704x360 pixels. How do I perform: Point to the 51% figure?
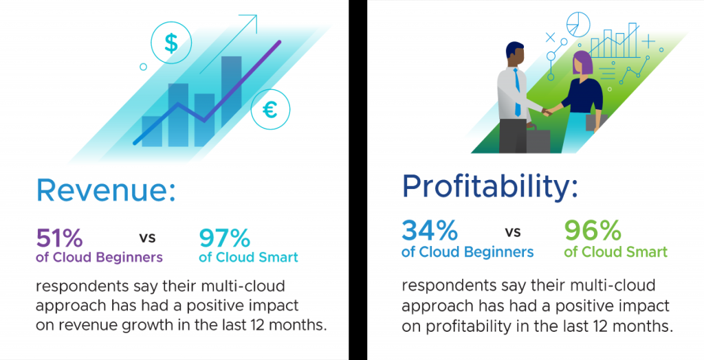coord(59,238)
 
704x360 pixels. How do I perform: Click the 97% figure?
coord(224,238)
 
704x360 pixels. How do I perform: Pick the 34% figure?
coord(430,230)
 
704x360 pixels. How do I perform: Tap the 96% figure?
coord(593,230)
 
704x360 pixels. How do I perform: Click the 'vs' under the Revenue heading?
coord(147,237)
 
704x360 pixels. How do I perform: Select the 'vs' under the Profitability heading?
coord(513,232)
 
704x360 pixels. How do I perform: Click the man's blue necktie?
coord(517,93)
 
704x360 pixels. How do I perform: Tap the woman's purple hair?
coord(582,63)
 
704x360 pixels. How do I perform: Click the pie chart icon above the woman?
coord(577,24)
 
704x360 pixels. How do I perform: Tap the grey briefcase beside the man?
coord(538,141)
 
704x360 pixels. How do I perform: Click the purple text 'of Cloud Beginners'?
coord(99,258)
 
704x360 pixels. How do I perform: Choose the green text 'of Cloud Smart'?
coord(615,252)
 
